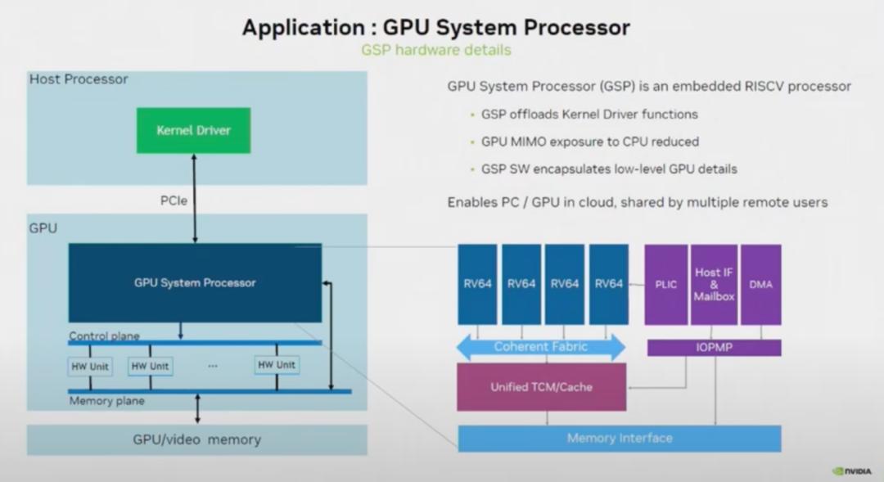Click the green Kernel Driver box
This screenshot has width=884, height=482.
pos(194,130)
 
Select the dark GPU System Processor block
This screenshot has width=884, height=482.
pos(195,282)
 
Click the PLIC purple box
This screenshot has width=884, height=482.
pos(665,284)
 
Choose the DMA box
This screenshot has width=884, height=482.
pos(761,284)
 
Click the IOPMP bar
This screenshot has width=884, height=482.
pos(714,348)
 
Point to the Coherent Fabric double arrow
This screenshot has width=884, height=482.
pos(541,347)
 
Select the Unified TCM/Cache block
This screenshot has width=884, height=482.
pos(541,387)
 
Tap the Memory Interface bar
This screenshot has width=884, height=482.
pos(619,438)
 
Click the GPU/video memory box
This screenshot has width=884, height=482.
pos(196,439)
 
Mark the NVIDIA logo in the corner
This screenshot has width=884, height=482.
pos(854,471)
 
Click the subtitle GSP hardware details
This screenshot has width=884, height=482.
pos(436,50)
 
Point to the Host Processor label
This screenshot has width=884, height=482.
pos(79,79)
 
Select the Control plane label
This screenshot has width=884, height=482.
pos(104,336)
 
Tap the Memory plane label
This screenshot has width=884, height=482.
pos(106,401)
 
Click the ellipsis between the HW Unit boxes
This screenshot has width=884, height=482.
pos(213,366)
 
